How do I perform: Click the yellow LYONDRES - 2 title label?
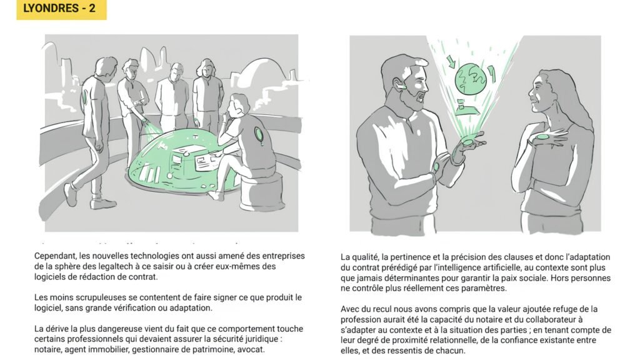pos(61,10)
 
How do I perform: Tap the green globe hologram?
pos(471,78)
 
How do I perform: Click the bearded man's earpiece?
pos(401,86)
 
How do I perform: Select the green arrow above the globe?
pos(451,61)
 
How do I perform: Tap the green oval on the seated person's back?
pos(258,134)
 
